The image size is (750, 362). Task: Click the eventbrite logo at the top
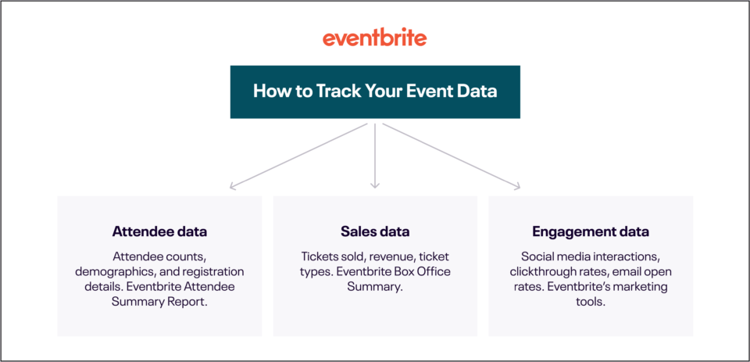(375, 38)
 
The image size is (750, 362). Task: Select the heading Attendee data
(159, 231)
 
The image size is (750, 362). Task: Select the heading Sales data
(375, 231)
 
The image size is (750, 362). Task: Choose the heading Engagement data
(591, 231)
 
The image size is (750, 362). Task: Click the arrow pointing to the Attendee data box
(297, 156)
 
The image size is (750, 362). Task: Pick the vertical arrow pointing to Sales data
(375, 156)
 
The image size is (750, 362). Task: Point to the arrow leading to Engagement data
(453, 156)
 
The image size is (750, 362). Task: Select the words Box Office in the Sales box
(422, 271)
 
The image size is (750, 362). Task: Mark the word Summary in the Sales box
(375, 286)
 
